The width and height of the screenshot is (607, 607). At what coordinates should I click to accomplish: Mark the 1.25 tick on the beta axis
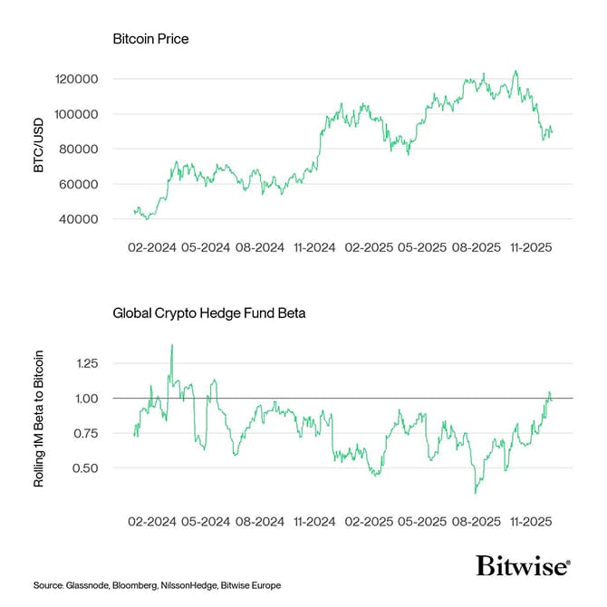pyautogui.click(x=86, y=363)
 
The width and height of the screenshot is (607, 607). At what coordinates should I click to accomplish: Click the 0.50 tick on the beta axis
pyautogui.click(x=86, y=468)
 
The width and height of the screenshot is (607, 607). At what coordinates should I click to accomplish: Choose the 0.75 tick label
pyautogui.click(x=86, y=433)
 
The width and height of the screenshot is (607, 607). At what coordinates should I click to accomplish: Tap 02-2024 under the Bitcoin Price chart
pyautogui.click(x=149, y=246)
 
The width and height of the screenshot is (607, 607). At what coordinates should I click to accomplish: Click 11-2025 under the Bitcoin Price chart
pyautogui.click(x=533, y=246)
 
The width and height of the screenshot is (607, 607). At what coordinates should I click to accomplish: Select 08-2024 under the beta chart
pyautogui.click(x=259, y=522)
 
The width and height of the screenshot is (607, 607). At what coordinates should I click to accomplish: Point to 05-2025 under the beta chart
pyautogui.click(x=422, y=522)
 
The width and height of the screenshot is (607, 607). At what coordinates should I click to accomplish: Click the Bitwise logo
pyautogui.click(x=523, y=567)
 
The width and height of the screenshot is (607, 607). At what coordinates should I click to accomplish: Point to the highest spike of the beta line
pyautogui.click(x=171, y=345)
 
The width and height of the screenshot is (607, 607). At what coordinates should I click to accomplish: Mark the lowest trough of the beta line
pyautogui.click(x=476, y=492)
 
